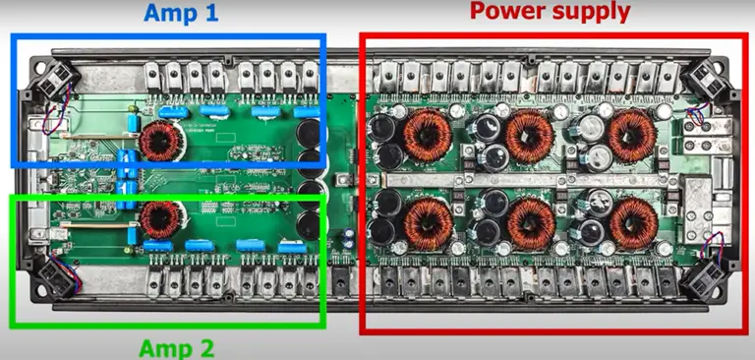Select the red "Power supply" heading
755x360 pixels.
(x=550, y=12)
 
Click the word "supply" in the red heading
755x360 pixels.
(x=593, y=13)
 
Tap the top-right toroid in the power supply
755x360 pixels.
(x=631, y=135)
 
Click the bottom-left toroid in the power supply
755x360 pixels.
(x=429, y=222)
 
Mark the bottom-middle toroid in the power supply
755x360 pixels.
(x=531, y=222)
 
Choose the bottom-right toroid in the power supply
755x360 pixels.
(x=631, y=223)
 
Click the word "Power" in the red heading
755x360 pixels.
(x=507, y=12)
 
